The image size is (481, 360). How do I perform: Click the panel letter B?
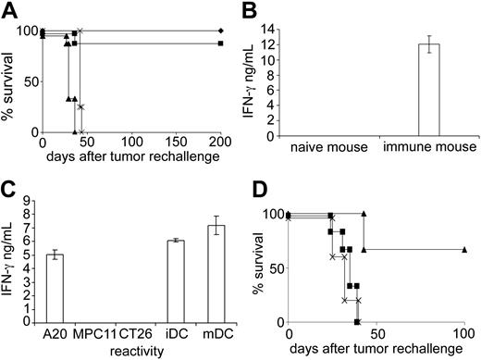pyautogui.click(x=253, y=10)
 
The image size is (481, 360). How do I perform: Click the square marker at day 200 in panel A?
pyautogui.click(x=219, y=43)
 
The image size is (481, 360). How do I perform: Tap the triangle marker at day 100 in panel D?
pyautogui.click(x=463, y=250)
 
